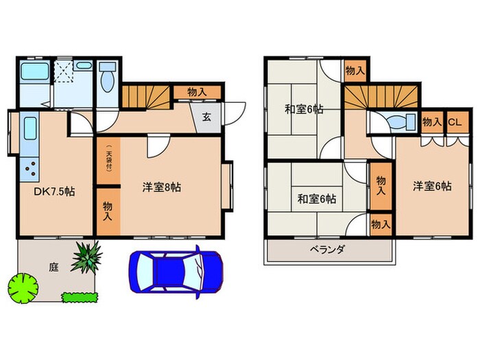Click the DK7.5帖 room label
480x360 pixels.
point(54,191)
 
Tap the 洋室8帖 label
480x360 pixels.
point(162,187)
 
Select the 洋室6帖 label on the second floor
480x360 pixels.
point(432,186)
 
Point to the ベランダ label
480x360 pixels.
point(327,250)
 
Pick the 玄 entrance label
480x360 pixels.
point(206,117)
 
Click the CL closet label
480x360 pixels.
point(455,123)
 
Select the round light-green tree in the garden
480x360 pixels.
point(23,289)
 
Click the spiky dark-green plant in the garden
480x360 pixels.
point(86,257)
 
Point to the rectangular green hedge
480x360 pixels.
point(80,297)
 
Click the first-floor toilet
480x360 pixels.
point(107,77)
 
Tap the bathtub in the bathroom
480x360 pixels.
point(35,72)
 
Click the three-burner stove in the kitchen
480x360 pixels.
point(29,169)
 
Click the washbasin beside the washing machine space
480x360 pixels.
point(83,66)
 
